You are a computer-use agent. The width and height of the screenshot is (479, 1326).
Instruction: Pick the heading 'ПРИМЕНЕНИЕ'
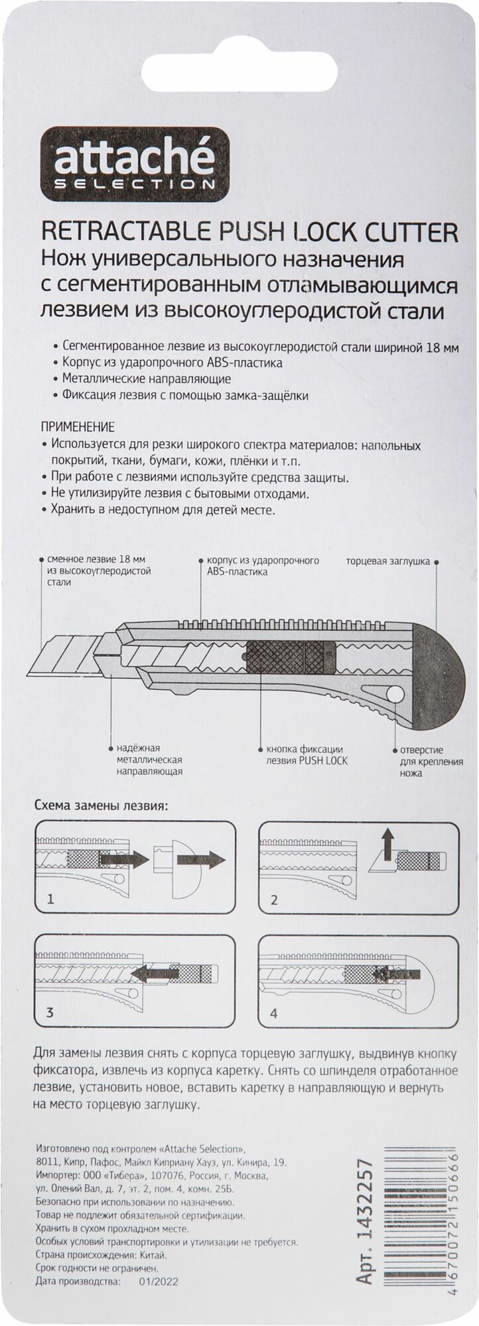[78, 426]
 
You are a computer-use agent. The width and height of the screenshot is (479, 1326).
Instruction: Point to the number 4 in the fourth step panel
[273, 1014]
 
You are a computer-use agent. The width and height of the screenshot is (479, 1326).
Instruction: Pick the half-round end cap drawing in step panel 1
[163, 860]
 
